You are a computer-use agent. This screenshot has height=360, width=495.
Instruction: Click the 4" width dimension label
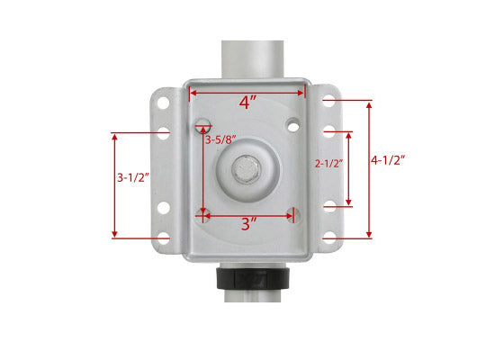[247, 103]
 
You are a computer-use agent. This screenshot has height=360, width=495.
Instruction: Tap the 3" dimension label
[249, 224]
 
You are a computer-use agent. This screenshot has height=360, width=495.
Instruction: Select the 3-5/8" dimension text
[221, 139]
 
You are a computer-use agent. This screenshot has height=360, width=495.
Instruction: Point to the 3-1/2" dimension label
[133, 177]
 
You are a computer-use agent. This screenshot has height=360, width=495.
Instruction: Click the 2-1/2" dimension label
[328, 163]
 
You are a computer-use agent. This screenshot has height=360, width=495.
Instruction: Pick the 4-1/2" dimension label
[388, 160]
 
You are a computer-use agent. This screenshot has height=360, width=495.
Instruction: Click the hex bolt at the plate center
[247, 170]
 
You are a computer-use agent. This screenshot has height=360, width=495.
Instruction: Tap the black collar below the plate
[253, 278]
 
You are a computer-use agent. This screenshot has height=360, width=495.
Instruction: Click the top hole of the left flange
[163, 103]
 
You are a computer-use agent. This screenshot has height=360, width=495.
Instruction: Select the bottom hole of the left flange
[164, 238]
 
